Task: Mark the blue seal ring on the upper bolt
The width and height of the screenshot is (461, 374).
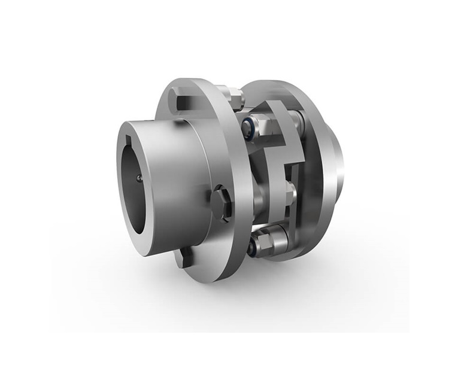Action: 247,125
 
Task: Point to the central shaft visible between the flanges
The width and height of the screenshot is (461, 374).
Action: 263,186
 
